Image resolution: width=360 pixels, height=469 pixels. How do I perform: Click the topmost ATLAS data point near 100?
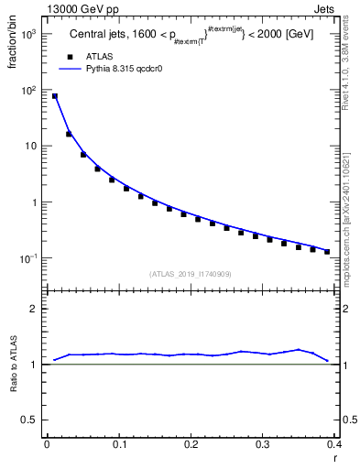[54, 96]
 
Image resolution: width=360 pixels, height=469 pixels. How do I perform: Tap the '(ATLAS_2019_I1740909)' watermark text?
[191, 274]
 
